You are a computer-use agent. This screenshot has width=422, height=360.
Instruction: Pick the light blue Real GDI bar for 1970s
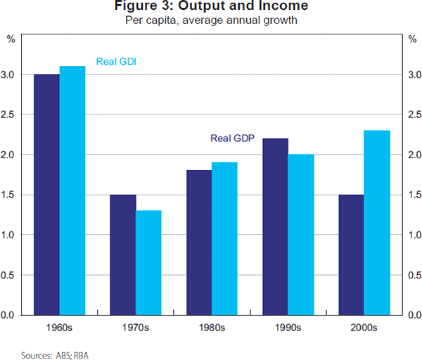(x=148, y=263)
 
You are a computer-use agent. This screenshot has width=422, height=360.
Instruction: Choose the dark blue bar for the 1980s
(x=199, y=243)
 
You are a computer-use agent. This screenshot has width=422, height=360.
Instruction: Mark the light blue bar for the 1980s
(x=224, y=238)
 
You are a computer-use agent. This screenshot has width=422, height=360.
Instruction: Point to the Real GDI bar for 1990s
(x=301, y=235)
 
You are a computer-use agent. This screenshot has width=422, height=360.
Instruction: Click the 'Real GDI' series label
(x=115, y=61)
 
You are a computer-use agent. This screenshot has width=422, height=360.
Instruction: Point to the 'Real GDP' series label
(x=231, y=139)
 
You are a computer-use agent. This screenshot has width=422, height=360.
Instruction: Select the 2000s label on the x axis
(x=364, y=328)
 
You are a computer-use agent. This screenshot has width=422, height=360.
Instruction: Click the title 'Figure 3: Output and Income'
(x=211, y=7)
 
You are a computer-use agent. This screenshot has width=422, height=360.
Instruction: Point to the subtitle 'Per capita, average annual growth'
(x=211, y=20)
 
